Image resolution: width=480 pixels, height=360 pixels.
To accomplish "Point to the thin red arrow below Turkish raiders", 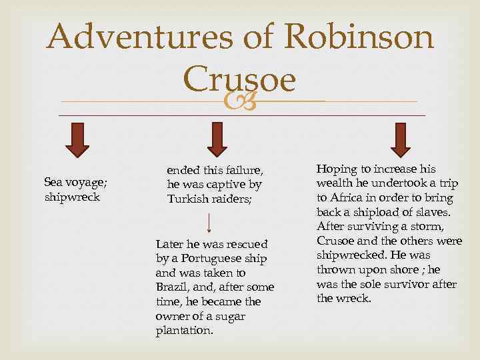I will point(210,224).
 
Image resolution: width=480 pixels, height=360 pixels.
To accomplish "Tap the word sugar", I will point(234,316).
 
